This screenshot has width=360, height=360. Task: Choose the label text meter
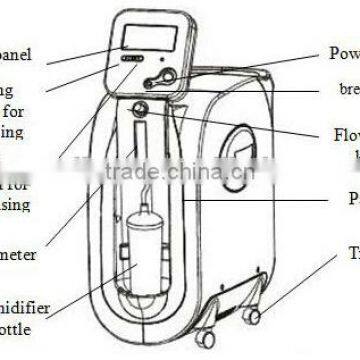[x=19, y=254]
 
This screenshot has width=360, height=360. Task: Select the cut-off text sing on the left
[x=16, y=204]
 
